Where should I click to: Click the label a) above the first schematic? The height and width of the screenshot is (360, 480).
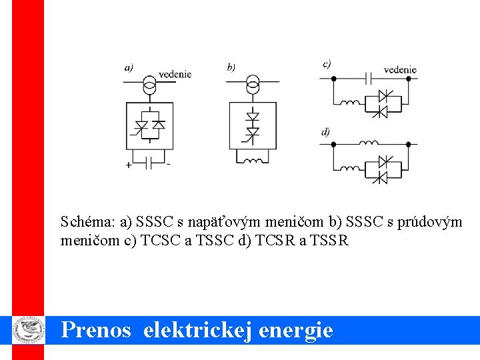tap(129, 67)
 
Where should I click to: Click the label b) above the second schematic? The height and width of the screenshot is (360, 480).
tap(231, 67)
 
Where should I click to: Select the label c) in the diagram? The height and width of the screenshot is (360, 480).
tap(327, 64)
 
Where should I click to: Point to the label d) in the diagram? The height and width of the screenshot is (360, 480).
tap(325, 132)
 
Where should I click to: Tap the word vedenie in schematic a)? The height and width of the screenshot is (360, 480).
tap(175, 74)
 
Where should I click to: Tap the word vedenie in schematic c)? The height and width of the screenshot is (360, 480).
tap(401, 69)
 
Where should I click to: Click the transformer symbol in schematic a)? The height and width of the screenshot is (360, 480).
tap(150, 85)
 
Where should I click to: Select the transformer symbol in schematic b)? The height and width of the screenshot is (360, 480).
tap(253, 85)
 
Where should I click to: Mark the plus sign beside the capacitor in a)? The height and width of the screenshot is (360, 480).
tap(129, 165)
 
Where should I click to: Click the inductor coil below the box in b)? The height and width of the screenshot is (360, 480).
tap(253, 160)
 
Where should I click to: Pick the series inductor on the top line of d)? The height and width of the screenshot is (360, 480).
tap(369, 143)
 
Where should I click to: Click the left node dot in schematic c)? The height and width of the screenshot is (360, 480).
tap(334, 79)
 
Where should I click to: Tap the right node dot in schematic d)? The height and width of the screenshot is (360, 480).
tap(408, 143)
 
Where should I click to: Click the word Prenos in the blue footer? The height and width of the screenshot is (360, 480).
tap(96, 330)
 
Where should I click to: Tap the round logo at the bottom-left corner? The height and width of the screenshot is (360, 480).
tap(28, 329)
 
